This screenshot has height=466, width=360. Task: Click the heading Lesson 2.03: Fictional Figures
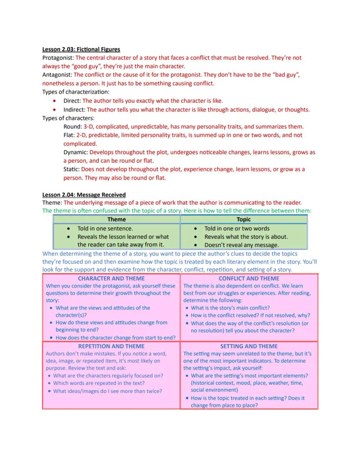pyautogui.click(x=81, y=49)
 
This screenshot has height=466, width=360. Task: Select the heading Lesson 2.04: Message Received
pyautogui.click(x=83, y=194)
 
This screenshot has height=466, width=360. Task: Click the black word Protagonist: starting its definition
pyautogui.click(x=58, y=57)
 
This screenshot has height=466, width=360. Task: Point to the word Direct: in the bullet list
pyautogui.click(x=72, y=101)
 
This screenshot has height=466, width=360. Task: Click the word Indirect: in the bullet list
pyautogui.click(x=74, y=110)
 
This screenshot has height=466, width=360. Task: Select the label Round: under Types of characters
pyautogui.click(x=73, y=127)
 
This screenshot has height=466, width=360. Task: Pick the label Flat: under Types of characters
pyautogui.click(x=69, y=135)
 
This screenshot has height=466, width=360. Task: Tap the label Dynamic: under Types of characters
pyautogui.click(x=76, y=152)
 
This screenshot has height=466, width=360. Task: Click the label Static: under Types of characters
pyautogui.click(x=71, y=169)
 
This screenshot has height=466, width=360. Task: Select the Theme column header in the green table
pyautogui.click(x=117, y=219)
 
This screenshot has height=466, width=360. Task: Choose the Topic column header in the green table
pyautogui.click(x=243, y=219)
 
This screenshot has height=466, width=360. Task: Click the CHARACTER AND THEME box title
pyautogui.click(x=111, y=278)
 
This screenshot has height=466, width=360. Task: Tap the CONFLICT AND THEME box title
pyautogui.click(x=249, y=278)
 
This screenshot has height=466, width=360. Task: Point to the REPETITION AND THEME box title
pyautogui.click(x=111, y=346)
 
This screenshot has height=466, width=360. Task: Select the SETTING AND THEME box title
pyautogui.click(x=249, y=346)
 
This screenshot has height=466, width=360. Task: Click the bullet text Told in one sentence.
pyautogui.click(x=105, y=228)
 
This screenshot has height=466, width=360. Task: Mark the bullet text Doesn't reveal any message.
pyautogui.click(x=241, y=245)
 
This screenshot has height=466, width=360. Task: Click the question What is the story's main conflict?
pyautogui.click(x=230, y=308)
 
